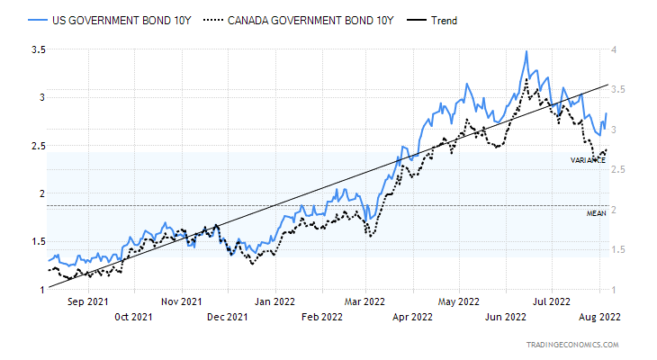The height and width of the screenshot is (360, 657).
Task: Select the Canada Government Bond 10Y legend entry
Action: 296,20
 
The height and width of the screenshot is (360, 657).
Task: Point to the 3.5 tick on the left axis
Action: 38,49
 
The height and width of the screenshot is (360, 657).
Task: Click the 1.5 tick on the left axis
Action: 38,241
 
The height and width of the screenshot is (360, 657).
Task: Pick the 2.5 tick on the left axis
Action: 38,145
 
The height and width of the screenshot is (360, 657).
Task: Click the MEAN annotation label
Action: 596,213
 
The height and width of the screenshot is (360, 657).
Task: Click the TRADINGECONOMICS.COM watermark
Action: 573,345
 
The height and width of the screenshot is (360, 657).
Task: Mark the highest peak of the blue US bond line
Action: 526,51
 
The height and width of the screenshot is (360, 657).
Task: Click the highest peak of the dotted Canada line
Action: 526,79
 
